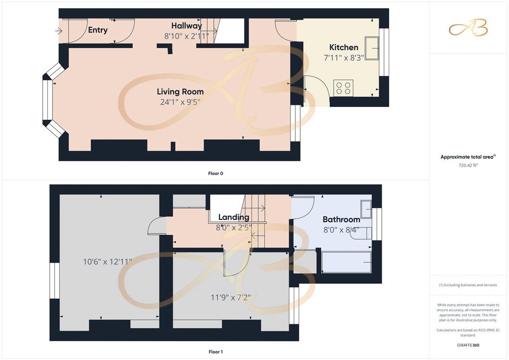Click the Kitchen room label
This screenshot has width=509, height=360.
click(x=343, y=47)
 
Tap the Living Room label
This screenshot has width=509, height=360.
click(x=180, y=92)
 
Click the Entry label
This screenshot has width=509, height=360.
click(x=98, y=30)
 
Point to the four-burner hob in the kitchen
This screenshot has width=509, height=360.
click(x=343, y=88)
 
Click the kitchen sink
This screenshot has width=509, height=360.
click(x=372, y=48)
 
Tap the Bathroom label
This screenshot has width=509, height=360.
click(x=341, y=219)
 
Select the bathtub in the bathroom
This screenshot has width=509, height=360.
click(x=346, y=262)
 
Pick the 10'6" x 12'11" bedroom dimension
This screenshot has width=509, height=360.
click(x=107, y=262)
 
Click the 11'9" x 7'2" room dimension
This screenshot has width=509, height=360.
click(x=231, y=297)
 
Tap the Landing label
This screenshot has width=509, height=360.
click(x=234, y=217)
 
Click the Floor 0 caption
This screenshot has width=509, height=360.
click(x=216, y=174)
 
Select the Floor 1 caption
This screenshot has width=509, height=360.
click(x=216, y=352)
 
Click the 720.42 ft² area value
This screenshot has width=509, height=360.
click(x=468, y=165)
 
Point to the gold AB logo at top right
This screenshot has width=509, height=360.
click(x=468, y=27)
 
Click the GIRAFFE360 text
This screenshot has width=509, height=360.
click(x=468, y=345)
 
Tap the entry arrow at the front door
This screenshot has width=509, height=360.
click(x=59, y=31)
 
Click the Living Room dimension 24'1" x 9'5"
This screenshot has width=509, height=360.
click(x=180, y=102)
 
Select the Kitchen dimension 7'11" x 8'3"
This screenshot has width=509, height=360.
click(x=344, y=58)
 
